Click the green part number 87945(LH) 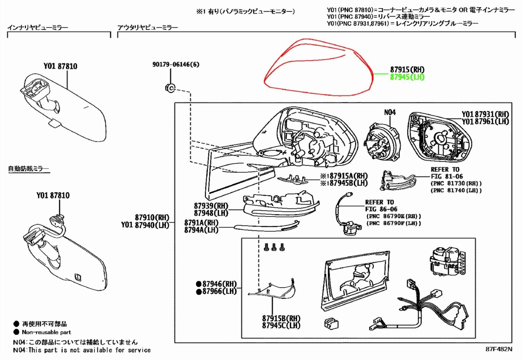pos(407,77)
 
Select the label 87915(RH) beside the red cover pos(407,69)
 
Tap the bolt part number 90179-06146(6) pos(176,64)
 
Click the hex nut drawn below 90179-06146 pos(170,88)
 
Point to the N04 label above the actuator pos(390,112)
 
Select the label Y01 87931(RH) pos(485,114)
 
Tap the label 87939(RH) pos(211,206)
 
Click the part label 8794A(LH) pos(201,230)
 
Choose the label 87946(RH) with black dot pos(217,284)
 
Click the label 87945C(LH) pos(281,325)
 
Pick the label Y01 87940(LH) pos(145,225)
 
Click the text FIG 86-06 pos(381,209)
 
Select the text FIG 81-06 pos(447,176)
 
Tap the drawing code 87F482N pos(499,349)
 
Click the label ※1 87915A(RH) pos(344,176)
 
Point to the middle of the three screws pos(274,247)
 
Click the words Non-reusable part pos(46,332)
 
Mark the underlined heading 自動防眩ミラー pos(28,169)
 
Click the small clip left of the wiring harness pos(331,324)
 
